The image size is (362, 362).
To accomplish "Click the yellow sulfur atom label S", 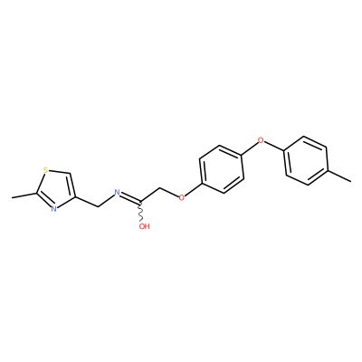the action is point(45,170).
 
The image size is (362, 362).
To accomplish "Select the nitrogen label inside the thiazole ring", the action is point(53,208).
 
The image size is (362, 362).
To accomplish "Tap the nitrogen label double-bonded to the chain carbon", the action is point(118,193).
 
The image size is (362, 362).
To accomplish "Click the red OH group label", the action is point(145,226).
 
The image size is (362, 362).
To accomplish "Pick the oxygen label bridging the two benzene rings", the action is point(261,140).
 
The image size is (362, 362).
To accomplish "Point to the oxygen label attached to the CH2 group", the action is point(182,197).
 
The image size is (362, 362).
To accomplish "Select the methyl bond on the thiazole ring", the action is point(24,195).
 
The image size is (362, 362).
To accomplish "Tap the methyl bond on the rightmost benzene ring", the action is point(338,176).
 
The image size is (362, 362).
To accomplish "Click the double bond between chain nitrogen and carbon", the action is point(129,197).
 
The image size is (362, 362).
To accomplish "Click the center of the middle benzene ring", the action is point(221,169).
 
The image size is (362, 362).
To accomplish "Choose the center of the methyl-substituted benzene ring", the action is point(306,160).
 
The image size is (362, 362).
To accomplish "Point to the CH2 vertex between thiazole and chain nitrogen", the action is point(98,206).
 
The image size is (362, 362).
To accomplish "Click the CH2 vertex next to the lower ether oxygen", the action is point(160,189).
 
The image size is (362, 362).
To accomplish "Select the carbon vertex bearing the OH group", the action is point(139,201).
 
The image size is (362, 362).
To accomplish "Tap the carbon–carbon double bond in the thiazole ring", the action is point(71,186).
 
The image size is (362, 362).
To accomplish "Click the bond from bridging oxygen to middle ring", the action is point(250,148).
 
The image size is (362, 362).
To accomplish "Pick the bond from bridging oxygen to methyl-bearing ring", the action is point(274,146).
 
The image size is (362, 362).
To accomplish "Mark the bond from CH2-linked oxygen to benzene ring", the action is point(193,189).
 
